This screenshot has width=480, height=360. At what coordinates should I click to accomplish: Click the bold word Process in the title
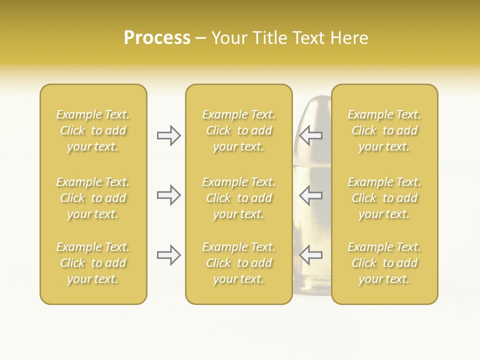pyautogui.click(x=157, y=38)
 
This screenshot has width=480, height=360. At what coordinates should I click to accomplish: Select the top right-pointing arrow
pyautogui.click(x=169, y=135)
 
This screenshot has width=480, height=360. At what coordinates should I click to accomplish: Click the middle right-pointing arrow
pyautogui.click(x=169, y=195)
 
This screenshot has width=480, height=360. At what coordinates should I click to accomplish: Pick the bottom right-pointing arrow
pyautogui.click(x=169, y=255)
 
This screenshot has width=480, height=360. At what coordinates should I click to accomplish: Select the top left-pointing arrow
pyautogui.click(x=311, y=135)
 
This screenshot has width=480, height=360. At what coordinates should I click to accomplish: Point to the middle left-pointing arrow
pyautogui.click(x=311, y=195)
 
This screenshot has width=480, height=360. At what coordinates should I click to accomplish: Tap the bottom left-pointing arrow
pyautogui.click(x=311, y=255)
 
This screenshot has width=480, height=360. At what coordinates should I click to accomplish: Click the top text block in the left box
pyautogui.click(x=93, y=130)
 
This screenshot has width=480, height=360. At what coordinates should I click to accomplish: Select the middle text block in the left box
pyautogui.click(x=93, y=198)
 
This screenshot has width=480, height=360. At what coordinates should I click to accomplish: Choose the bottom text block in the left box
pyautogui.click(x=93, y=263)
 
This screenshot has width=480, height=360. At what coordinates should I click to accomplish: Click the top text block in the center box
pyautogui.click(x=238, y=130)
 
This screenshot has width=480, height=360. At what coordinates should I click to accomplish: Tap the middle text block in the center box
pyautogui.click(x=238, y=198)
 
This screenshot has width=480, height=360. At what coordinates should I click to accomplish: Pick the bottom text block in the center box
pyautogui.click(x=238, y=263)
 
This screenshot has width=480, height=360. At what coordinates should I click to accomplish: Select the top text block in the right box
pyautogui.click(x=384, y=130)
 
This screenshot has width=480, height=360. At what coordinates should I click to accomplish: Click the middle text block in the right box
pyautogui.click(x=384, y=198)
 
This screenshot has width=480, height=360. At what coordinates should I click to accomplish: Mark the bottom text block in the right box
pyautogui.click(x=384, y=263)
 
